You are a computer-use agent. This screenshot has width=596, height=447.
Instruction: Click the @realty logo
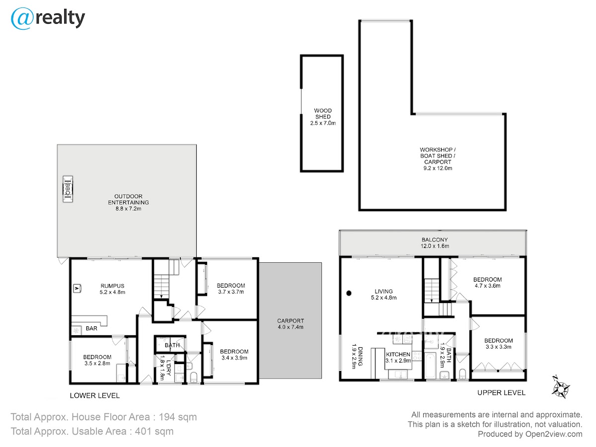tap(48, 18)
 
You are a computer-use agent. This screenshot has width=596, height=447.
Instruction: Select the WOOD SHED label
tap(323, 114)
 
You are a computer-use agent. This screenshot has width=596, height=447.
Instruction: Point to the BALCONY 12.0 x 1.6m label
tap(435, 243)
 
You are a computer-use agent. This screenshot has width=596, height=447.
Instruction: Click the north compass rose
tap(560, 387)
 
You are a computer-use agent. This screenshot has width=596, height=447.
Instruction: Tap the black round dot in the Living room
tap(349, 293)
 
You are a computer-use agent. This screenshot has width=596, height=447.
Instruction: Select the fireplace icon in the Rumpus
tap(77, 288)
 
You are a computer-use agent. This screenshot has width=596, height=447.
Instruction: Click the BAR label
tap(91, 328)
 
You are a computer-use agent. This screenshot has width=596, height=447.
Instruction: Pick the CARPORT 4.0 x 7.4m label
tap(291, 324)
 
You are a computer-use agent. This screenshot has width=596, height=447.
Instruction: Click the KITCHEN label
tap(398, 355)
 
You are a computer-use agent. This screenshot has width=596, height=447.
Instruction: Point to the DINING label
tap(360, 356)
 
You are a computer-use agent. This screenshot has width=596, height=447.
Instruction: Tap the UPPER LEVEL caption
tap(501, 393)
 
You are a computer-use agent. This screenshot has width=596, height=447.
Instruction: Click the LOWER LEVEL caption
tap(95, 395)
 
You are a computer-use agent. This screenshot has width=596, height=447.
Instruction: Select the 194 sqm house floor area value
tap(178, 417)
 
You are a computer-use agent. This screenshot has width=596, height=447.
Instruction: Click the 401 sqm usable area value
tap(154, 431)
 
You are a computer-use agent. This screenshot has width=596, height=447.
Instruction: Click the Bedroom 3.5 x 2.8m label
tap(97, 360)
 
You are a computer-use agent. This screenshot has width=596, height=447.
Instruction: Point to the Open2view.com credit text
tap(554, 434)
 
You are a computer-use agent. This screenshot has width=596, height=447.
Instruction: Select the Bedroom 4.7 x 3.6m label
tap(487, 283)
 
